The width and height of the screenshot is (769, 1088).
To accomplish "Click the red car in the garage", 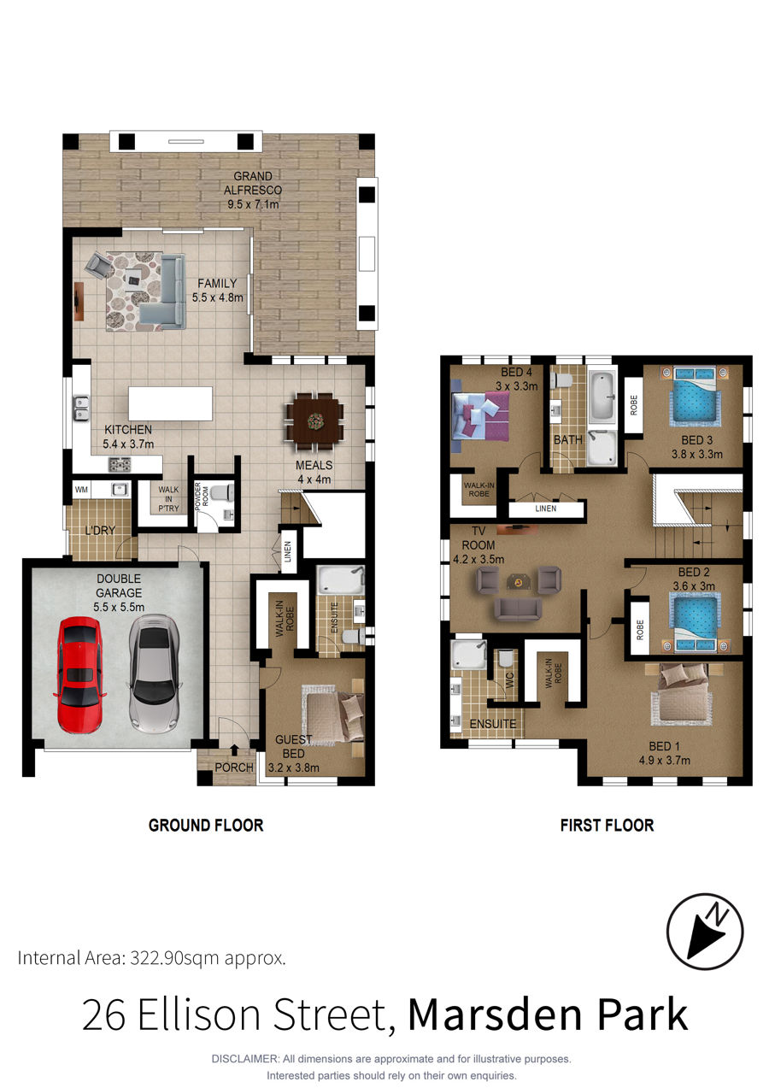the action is pyautogui.click(x=79, y=674).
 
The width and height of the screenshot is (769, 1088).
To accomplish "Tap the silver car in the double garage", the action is pyautogui.click(x=155, y=673).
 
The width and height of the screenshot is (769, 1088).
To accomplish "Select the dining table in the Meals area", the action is pyautogui.click(x=314, y=421).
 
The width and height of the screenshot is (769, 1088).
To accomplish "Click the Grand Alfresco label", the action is pyautogui.click(x=253, y=183).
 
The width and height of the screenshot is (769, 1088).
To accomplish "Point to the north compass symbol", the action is pyautogui.click(x=704, y=932).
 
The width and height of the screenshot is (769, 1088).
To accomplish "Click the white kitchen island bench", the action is pyautogui.click(x=170, y=403).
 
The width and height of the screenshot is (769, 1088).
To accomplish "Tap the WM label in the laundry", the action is pyautogui.click(x=81, y=490).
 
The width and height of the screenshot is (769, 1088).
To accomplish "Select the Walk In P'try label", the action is pyautogui.click(x=168, y=499).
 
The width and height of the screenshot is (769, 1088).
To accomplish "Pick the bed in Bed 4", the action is pyautogui.click(x=480, y=417).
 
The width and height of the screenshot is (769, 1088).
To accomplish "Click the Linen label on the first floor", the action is pyautogui.click(x=546, y=509).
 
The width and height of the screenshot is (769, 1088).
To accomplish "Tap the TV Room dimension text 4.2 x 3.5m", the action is pyautogui.click(x=478, y=560).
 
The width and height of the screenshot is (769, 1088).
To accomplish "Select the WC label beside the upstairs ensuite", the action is pyautogui.click(x=509, y=680).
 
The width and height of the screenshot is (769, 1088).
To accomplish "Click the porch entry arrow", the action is pyautogui.click(x=234, y=750).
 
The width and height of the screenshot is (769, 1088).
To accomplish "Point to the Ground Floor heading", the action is pyautogui.click(x=206, y=826).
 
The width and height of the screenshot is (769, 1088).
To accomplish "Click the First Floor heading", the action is pyautogui.click(x=607, y=826).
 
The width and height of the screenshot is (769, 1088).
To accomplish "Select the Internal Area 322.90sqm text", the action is pyautogui.click(x=151, y=959).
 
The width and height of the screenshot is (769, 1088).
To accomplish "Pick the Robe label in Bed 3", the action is pyautogui.click(x=633, y=406).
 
